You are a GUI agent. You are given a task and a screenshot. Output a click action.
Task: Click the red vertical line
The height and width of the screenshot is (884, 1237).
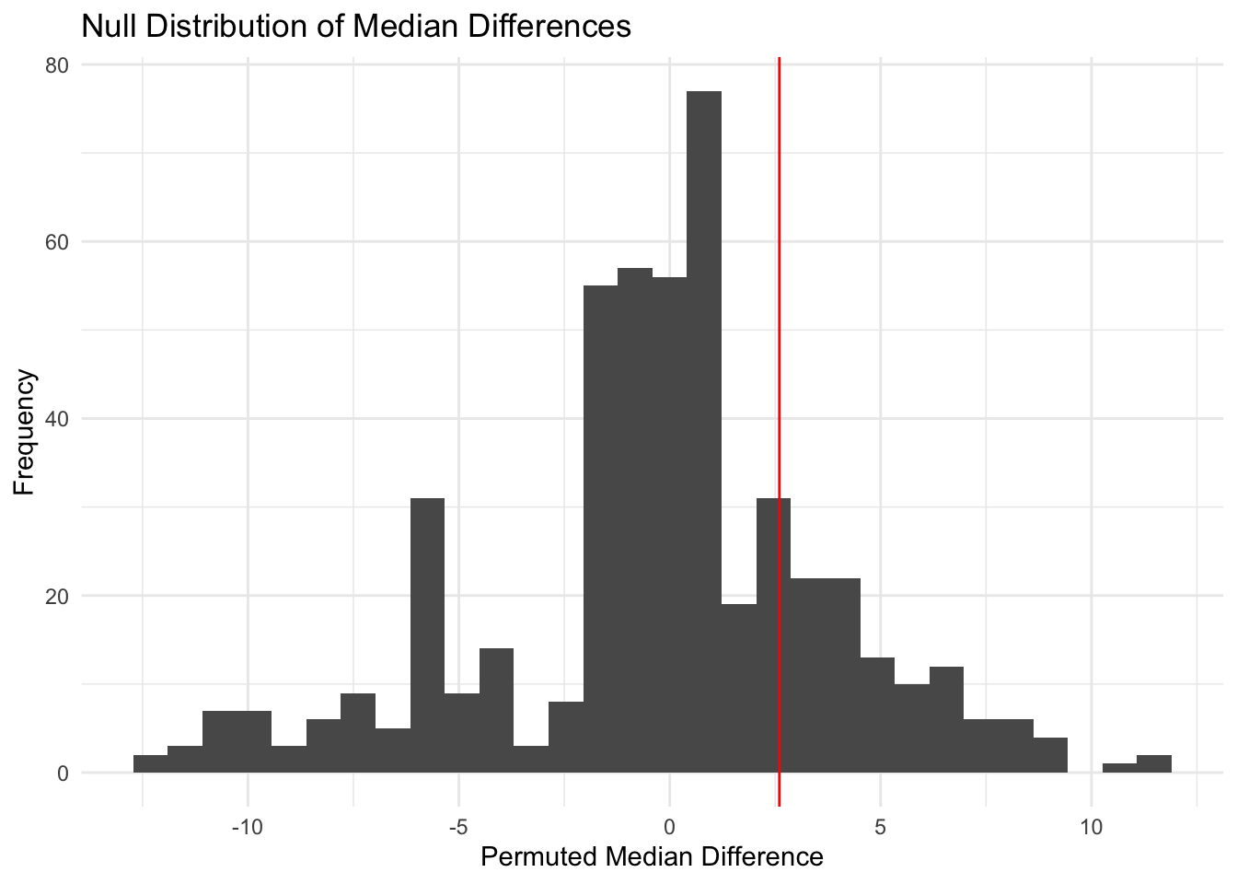pyautogui.click(x=780, y=276)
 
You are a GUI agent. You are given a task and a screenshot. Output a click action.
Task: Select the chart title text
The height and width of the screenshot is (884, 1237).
pyautogui.click(x=356, y=26)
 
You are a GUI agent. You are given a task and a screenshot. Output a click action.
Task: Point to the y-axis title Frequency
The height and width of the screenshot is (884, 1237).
pyautogui.click(x=25, y=432)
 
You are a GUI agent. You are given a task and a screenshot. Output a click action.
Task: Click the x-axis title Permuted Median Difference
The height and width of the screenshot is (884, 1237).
pyautogui.click(x=652, y=857)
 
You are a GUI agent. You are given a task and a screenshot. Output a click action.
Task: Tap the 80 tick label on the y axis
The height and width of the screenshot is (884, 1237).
pyautogui.click(x=59, y=65)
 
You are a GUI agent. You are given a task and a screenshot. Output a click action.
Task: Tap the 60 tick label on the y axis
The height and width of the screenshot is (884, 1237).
pyautogui.click(x=59, y=242)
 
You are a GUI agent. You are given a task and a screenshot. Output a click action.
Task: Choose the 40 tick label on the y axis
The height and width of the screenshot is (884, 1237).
pyautogui.click(x=59, y=419)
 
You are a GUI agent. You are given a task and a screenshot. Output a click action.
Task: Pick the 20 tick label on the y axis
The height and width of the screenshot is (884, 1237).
pyautogui.click(x=59, y=596)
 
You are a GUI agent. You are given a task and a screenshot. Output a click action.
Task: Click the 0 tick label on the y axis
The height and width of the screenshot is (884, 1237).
pyautogui.click(x=64, y=773)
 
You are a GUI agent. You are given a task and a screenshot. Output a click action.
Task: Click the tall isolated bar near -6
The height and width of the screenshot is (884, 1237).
pyautogui.click(x=427, y=635)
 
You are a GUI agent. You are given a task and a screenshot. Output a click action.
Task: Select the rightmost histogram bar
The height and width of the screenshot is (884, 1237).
pyautogui.click(x=1154, y=764)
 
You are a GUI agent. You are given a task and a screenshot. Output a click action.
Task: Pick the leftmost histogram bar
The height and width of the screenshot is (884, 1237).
pyautogui.click(x=150, y=764)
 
